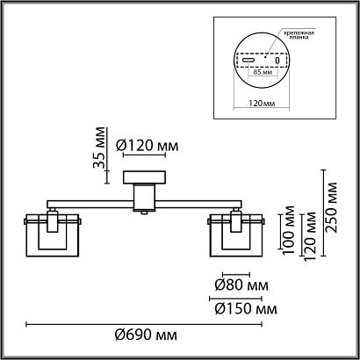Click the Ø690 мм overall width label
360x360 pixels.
click(x=146, y=335)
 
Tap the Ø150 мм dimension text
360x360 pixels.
click(x=246, y=309)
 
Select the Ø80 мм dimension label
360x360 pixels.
click(x=241, y=284)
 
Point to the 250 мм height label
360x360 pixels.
click(x=332, y=207)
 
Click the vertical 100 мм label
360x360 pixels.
click(x=289, y=230)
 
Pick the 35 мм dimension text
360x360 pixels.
click(x=99, y=148)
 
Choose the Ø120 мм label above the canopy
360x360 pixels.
click(x=147, y=146)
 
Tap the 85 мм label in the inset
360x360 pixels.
click(x=262, y=72)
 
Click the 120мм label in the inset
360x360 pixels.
click(x=262, y=104)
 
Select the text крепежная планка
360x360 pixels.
click(x=299, y=35)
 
